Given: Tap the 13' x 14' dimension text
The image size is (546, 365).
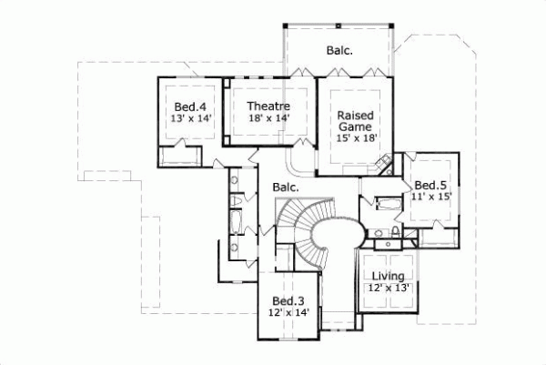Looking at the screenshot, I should (x=189, y=119).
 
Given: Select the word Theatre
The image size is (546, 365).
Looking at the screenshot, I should (x=268, y=106).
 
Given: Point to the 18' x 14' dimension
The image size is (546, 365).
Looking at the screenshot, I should (x=268, y=118).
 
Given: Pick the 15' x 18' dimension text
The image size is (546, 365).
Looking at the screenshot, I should (x=356, y=138).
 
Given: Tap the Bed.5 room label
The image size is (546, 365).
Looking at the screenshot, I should (x=428, y=183).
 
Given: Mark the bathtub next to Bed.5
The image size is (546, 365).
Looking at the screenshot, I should (x=385, y=204).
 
